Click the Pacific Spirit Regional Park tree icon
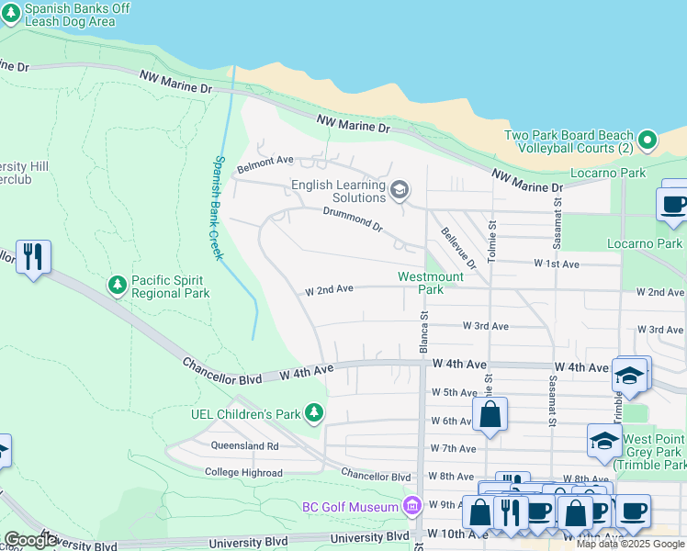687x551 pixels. coord(118,285)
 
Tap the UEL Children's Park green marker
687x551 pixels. coord(315,413)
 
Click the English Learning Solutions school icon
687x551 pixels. coord(399,190)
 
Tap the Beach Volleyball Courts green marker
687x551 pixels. coord(648,141)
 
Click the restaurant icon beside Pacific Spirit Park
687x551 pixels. coord(33,257)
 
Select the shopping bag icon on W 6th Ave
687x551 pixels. coord(490,414)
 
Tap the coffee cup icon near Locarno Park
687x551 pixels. coord(674,204)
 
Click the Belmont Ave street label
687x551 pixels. coord(265,167)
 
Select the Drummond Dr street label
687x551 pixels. coord(353,218)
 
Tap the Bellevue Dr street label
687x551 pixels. coord(458,248)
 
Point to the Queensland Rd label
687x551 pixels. coord(244,445)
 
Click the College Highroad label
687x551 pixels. coord(243,472)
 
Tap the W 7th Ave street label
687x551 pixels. coord(453,449)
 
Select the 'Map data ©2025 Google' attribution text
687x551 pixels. coord(630,544)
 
